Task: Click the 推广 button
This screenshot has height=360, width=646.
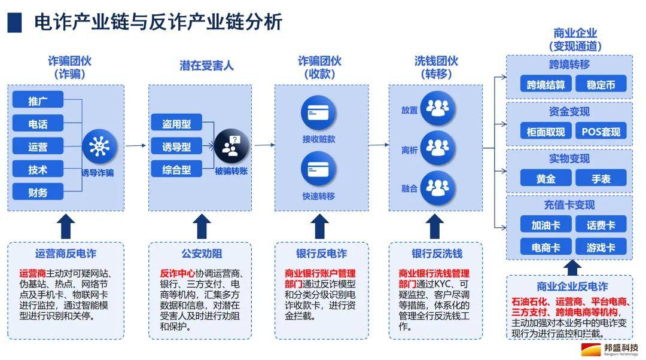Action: coord(38,100)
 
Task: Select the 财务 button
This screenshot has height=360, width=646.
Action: coord(38,192)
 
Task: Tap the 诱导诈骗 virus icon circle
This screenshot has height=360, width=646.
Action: coord(99,147)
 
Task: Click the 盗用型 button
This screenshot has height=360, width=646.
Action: coord(176,123)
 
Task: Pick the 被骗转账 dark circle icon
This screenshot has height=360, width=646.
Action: coord(231,147)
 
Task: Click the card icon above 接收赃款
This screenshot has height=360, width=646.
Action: coord(318,113)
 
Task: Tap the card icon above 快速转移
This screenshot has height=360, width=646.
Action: coord(318,169)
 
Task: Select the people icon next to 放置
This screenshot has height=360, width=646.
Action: coord(437,108)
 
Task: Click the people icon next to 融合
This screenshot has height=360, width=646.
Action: coord(437,188)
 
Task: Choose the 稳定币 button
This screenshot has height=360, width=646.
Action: coord(601,85)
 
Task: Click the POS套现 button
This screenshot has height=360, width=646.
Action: coord(601,132)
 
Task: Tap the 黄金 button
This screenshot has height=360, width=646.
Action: coord(546,178)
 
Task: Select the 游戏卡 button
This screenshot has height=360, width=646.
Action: coord(601,247)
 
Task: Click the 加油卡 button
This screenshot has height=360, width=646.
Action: coord(546,225)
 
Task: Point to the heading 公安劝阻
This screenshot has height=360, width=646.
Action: coord(202,254)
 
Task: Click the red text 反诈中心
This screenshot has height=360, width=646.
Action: coord(178,273)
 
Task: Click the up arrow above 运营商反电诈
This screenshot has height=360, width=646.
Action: coord(66,226)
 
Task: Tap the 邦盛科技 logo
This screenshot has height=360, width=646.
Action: coord(610,349)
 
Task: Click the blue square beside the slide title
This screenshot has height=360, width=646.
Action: coord(14,23)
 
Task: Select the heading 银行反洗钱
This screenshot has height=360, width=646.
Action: coord(437,254)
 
